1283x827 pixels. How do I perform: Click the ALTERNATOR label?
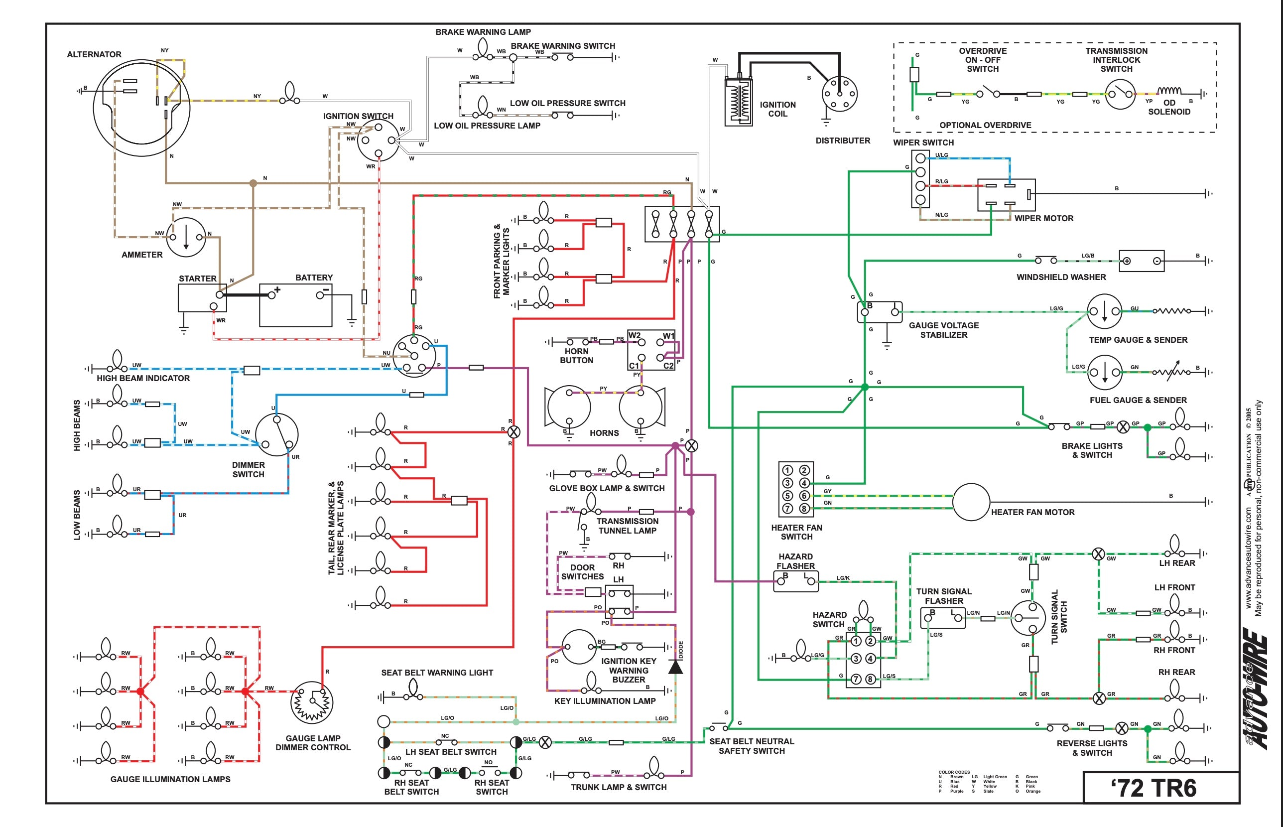coord(94,54)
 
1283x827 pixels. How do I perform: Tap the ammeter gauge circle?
coord(186,237)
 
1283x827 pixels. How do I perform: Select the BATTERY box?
coord(295,305)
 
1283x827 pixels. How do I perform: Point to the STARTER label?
coord(198,278)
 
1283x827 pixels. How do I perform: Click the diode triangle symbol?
coord(675,667)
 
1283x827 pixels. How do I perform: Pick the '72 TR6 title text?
coord(1153,788)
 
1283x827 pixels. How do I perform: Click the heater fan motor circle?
coord(971,502)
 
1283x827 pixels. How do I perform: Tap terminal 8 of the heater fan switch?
coord(804,509)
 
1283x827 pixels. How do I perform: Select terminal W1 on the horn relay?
coord(668,336)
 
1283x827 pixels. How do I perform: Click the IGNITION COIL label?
coord(777,109)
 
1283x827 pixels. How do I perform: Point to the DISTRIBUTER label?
coord(843,140)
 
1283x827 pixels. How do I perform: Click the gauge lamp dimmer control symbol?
coord(312,702)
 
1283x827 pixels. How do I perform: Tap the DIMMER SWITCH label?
coord(248,469)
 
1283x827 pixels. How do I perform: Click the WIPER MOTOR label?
coord(1043,218)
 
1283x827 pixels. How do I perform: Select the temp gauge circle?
coord(1104,311)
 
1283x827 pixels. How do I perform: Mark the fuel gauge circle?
coord(1104,372)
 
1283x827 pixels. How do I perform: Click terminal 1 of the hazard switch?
coord(856,641)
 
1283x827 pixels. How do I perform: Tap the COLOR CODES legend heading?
coord(954,772)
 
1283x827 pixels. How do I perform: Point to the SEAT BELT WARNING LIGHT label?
coord(437,673)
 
